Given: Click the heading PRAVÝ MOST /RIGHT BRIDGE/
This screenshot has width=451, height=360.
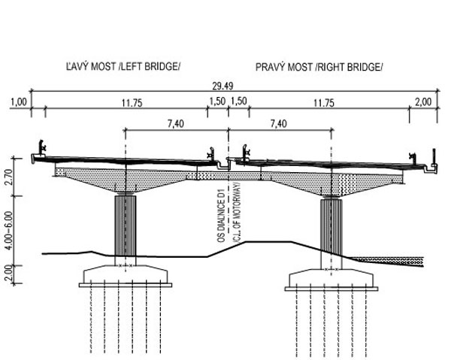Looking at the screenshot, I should pos(319,66).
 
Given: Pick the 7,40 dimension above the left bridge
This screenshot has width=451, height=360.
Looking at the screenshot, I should pos(175,124).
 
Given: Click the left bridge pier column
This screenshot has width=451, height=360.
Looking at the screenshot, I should pos(126,225).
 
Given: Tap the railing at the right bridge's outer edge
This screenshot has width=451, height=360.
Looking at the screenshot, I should pos(413,156).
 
